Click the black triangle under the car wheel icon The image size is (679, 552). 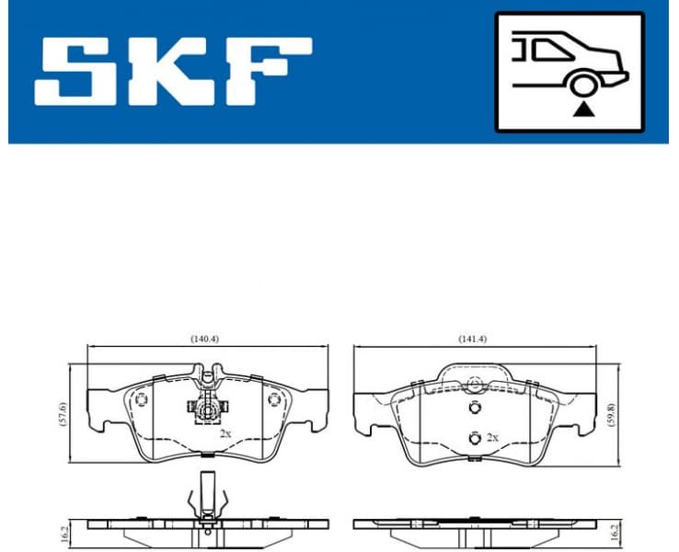pyautogui.click(x=581, y=109)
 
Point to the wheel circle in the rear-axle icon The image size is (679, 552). pyautogui.click(x=581, y=86)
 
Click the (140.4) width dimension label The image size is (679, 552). pyautogui.click(x=204, y=339)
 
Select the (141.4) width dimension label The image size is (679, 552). pyautogui.click(x=473, y=339)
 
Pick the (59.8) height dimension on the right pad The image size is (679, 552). pyautogui.click(x=610, y=411)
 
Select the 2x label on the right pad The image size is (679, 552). pyautogui.click(x=492, y=437)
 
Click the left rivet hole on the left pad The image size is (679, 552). pyautogui.click(x=141, y=399)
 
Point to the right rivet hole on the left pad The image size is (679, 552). pyautogui.click(x=272, y=399)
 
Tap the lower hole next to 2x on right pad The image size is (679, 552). pyautogui.click(x=474, y=437)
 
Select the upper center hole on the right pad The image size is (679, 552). pyautogui.click(x=474, y=409)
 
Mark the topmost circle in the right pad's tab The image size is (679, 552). pyautogui.click(x=474, y=385)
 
